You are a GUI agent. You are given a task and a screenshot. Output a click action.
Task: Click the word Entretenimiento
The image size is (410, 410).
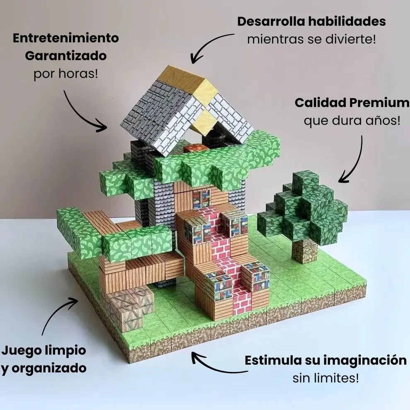66,38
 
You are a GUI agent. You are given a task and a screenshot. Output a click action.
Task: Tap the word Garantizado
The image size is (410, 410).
66,56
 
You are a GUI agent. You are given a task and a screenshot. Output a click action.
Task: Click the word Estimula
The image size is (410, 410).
273,360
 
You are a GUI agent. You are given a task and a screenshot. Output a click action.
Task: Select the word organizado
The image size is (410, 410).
49,369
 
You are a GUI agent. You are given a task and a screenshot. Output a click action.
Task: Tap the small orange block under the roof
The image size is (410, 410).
196,148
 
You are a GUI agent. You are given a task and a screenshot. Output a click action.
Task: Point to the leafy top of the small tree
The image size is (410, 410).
303,207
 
